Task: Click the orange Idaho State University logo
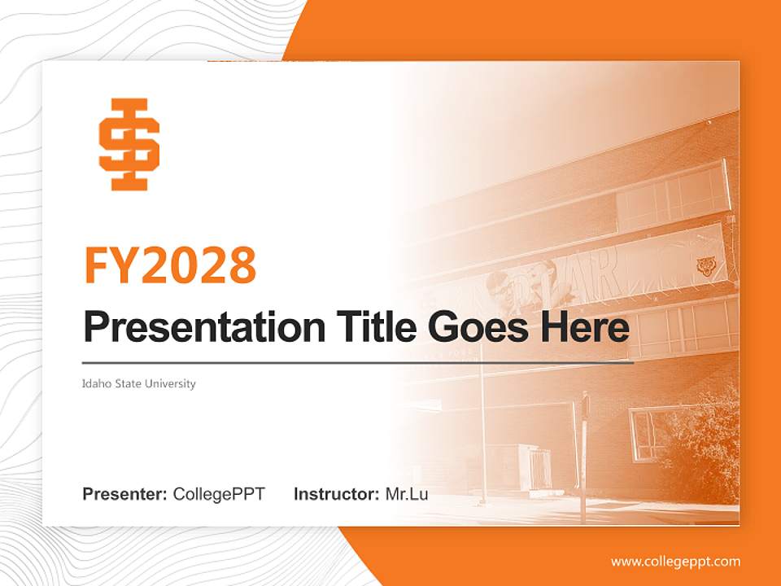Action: coord(129,145)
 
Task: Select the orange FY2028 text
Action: coord(170,265)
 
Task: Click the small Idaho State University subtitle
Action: coord(138,383)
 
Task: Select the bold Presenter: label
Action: coord(125,494)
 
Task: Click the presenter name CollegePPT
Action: coord(219,494)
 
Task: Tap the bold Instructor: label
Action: coord(336,494)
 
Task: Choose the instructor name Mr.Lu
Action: coord(407,494)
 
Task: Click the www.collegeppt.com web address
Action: coord(675,562)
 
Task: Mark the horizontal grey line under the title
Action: coord(358,362)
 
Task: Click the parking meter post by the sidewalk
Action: coord(583,456)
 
